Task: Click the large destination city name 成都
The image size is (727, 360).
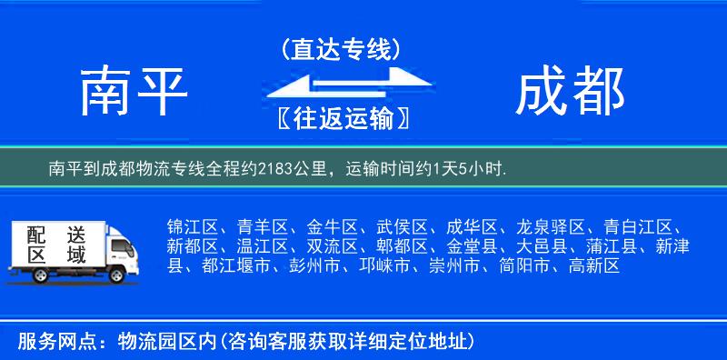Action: click(570, 93)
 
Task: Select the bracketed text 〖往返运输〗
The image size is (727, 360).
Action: click(341, 118)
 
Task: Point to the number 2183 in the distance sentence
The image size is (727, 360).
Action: click(275, 169)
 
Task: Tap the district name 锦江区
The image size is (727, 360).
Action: click(188, 227)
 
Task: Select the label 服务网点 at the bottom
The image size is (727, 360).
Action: click(48, 342)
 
